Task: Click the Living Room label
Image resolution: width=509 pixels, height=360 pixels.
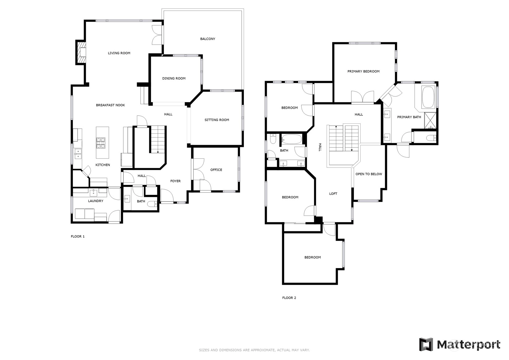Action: click(119, 53)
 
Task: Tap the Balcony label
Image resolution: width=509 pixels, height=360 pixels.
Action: click(207, 39)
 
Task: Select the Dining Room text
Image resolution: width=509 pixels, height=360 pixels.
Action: click(174, 78)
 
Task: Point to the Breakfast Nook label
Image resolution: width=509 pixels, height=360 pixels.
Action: click(110, 105)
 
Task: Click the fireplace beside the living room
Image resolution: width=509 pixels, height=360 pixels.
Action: click(81, 52)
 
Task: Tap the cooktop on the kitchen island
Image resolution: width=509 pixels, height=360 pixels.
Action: click(101, 143)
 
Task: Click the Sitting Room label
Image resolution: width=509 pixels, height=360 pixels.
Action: click(217, 120)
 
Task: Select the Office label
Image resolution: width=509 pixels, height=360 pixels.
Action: click(216, 170)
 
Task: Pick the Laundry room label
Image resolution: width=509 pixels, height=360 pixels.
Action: click(95, 201)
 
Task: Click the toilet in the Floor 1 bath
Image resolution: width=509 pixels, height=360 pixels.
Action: click(152, 204)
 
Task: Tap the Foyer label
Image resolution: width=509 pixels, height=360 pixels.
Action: click(175, 181)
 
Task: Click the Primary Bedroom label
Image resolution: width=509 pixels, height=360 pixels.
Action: click(363, 71)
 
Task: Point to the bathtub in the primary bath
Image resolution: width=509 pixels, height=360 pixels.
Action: click(428, 97)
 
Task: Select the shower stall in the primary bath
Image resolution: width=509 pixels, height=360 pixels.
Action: click(430, 120)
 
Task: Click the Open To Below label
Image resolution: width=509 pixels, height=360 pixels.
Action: click(369, 174)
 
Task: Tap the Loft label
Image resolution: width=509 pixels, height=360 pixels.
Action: click(333, 194)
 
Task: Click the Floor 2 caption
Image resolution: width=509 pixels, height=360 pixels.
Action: click(289, 298)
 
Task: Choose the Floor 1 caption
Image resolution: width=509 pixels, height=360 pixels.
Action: click(78, 236)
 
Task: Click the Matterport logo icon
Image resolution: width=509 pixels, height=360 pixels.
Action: click(426, 345)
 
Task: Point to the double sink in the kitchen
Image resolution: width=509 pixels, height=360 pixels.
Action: click(78, 154)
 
